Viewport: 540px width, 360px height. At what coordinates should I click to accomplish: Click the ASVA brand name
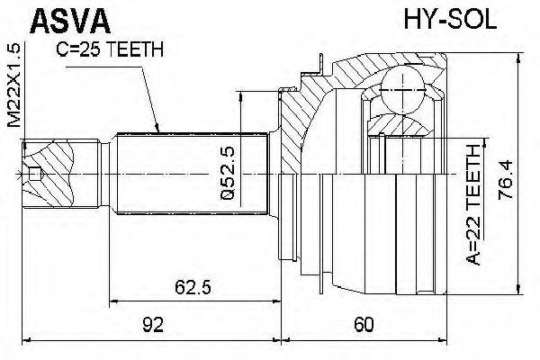pyautogui.click(x=70, y=21)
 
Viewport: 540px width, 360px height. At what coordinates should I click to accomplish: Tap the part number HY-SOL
pyautogui.click(x=450, y=20)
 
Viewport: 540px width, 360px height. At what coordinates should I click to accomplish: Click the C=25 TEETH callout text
pyautogui.click(x=110, y=49)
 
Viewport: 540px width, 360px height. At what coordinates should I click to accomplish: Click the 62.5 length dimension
pyautogui.click(x=193, y=286)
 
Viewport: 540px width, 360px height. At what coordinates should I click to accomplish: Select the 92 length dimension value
pyautogui.click(x=153, y=324)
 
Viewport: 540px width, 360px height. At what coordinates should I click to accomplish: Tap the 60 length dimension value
pyautogui.click(x=364, y=324)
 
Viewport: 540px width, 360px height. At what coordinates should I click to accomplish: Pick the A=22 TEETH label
pyautogui.click(x=473, y=205)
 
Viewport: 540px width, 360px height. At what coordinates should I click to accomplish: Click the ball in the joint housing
pyautogui.click(x=403, y=90)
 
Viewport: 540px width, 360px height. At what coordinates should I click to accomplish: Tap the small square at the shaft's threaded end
pyautogui.click(x=35, y=174)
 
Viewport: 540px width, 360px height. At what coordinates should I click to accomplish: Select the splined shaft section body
pyautogui.click(x=193, y=174)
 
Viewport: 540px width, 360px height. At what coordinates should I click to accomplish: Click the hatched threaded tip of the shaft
pyautogui.click(x=61, y=174)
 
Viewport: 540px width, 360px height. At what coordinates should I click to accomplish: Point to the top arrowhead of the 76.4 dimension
pyautogui.click(x=518, y=58)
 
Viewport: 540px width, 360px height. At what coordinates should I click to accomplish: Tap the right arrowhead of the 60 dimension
pyautogui.click(x=442, y=339)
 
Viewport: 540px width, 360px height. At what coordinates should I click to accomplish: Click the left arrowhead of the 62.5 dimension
pyautogui.click(x=114, y=301)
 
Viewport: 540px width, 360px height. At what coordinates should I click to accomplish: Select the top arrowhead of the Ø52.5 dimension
pyautogui.click(x=241, y=96)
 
